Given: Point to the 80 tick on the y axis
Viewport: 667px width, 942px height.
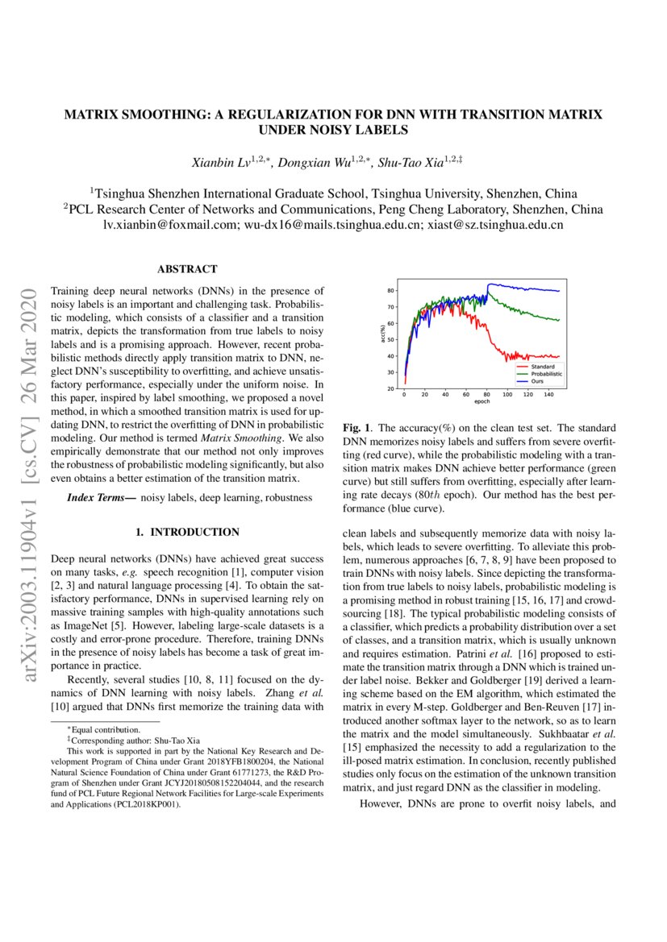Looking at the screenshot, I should pyautogui.click(x=390, y=291).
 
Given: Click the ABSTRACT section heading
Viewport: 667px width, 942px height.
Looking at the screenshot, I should pyautogui.click(x=187, y=269).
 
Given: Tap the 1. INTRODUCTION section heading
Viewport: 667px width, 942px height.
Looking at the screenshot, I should pyautogui.click(x=187, y=532).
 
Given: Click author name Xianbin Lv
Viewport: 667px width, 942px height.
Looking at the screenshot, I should pyautogui.click(x=219, y=163).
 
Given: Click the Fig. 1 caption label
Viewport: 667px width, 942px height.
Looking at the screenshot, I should pyautogui.click(x=356, y=427).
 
